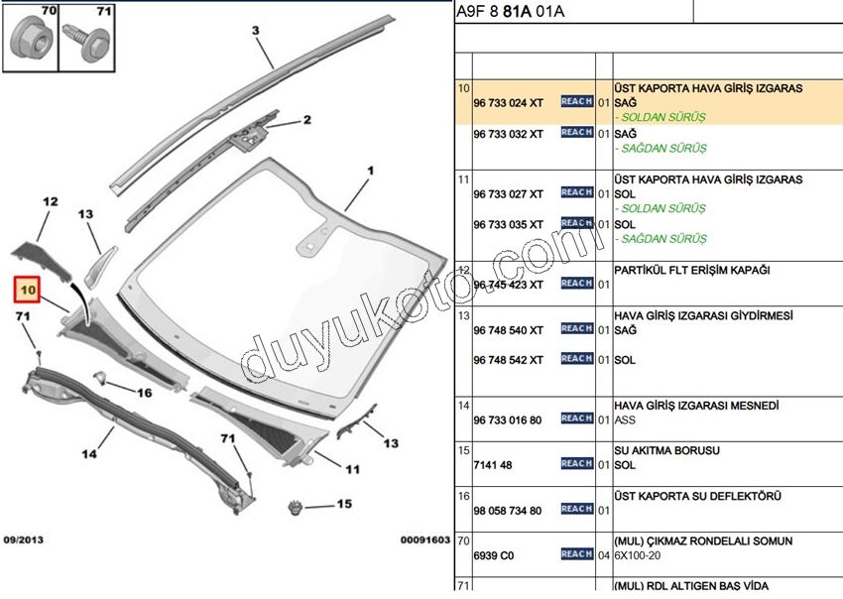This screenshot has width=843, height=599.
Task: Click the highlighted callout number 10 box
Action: coord(27,290)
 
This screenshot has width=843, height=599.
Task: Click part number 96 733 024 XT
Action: coord(508,102)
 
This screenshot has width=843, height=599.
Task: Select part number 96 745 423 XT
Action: coord(508,285)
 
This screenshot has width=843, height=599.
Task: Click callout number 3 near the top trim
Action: coord(255,31)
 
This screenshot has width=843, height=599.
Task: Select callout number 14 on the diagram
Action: coord(89,454)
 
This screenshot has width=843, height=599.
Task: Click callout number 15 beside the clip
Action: coord(343,504)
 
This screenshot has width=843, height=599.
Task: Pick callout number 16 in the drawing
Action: coord(145,393)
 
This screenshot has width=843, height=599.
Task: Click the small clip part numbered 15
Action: coord(294,509)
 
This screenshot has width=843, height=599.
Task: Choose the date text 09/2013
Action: coord(24,539)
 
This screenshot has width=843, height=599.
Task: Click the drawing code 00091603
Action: coord(424,539)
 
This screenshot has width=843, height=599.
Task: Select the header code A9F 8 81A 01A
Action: coord(510,12)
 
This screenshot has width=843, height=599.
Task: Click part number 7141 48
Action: coord(493,465)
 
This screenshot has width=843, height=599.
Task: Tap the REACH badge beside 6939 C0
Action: coord(576,554)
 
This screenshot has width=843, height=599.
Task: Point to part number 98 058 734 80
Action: coord(508,511)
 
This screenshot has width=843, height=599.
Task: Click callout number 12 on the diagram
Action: coord(51,201)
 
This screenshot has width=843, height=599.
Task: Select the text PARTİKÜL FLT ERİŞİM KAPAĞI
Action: coord(692,270)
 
